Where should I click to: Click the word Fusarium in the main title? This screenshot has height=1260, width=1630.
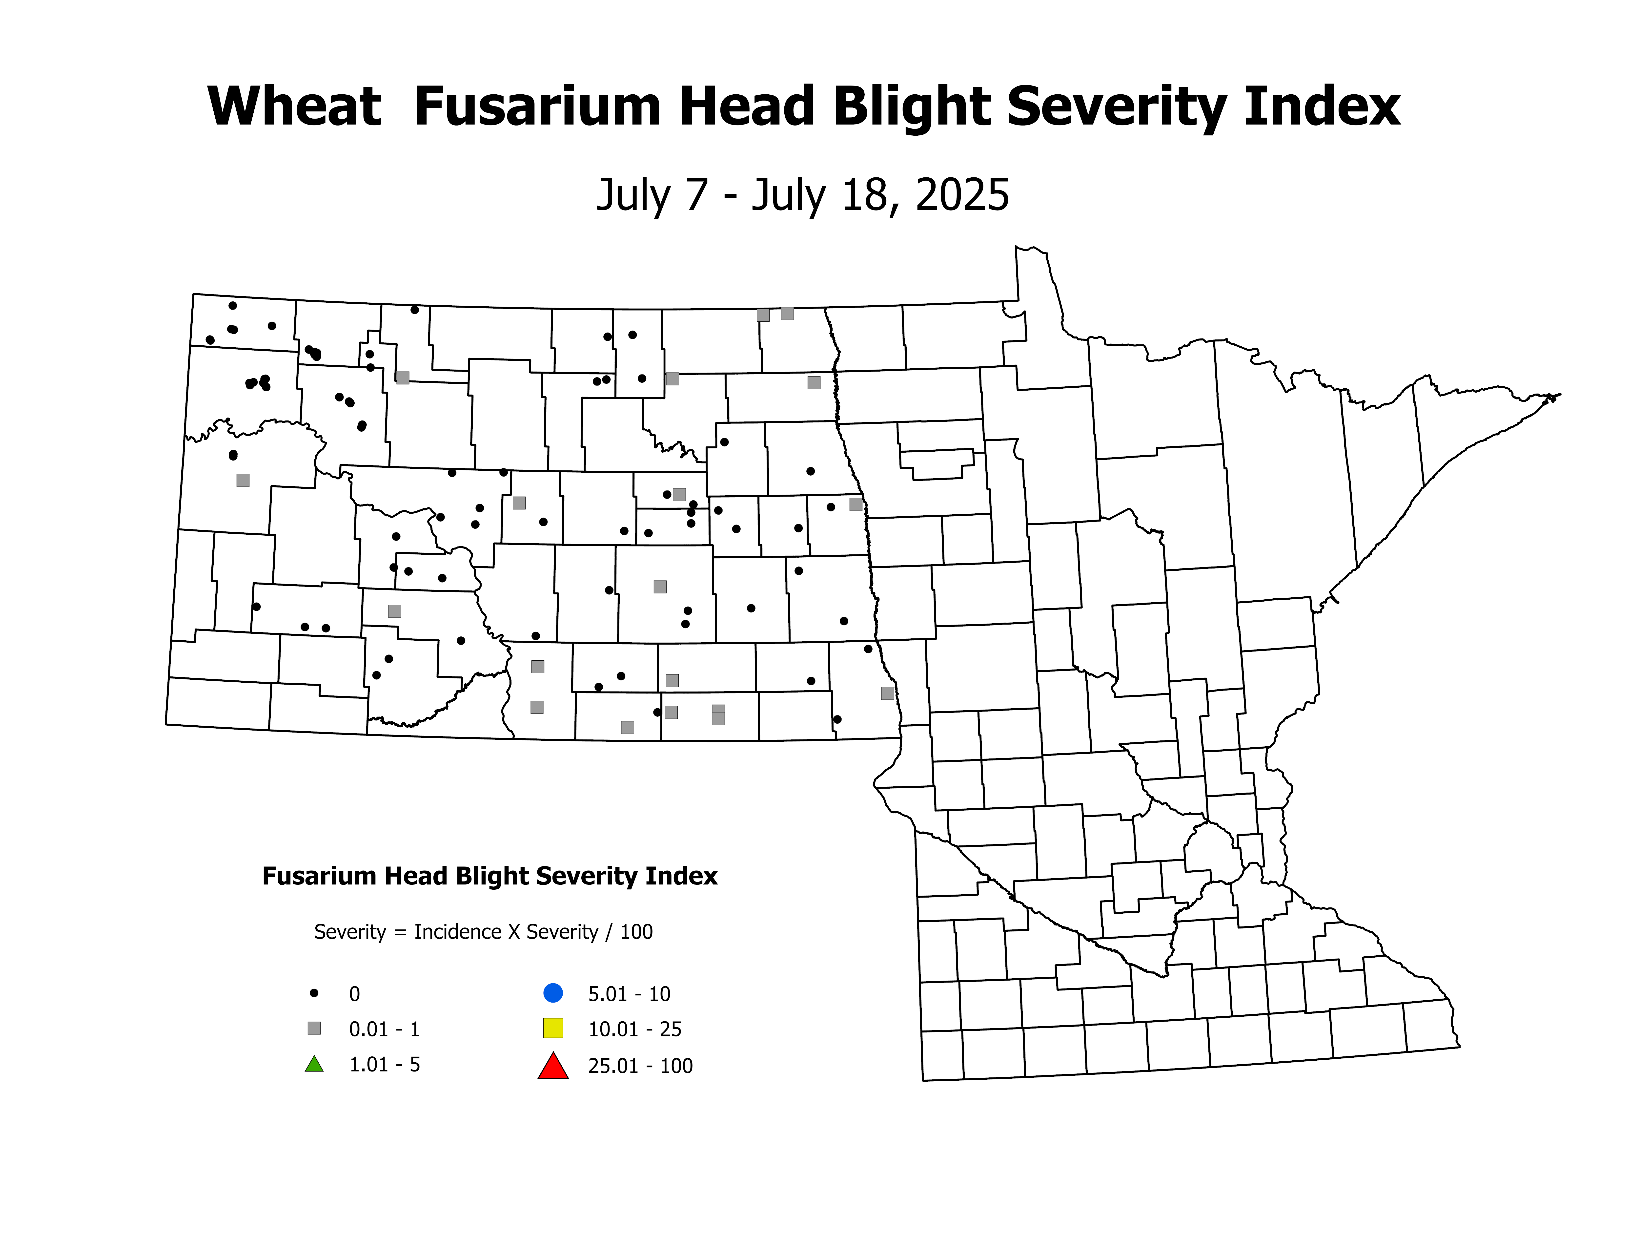point(537,107)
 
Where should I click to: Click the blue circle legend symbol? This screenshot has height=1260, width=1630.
point(553,993)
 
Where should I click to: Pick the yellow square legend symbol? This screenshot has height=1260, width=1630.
point(553,1029)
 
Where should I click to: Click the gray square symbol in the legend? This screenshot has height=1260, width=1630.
point(314,1029)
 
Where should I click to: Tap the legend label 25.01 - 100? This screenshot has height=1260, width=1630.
point(640,1066)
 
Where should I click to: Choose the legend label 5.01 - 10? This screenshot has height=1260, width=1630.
point(629,994)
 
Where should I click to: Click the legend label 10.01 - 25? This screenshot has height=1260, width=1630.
point(634,1029)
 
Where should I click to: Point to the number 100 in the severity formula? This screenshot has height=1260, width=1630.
point(637,932)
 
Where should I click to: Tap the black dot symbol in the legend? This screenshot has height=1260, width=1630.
point(314,993)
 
